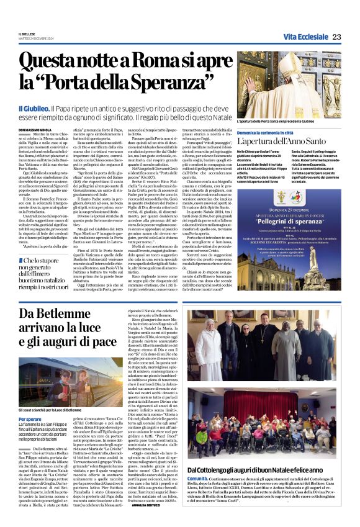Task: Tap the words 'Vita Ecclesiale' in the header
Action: (305, 37)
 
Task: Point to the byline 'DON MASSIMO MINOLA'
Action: (37, 130)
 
